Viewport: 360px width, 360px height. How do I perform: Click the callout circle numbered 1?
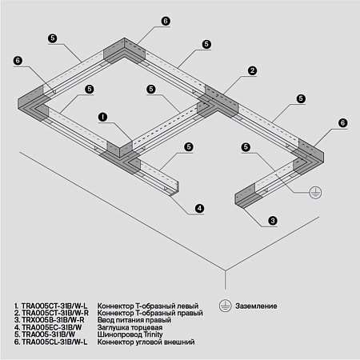(x=102, y=116)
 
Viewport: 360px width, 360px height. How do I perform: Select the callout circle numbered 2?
(x=252, y=71)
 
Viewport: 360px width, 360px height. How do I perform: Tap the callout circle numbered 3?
(x=273, y=220)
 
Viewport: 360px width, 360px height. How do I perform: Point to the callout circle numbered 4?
(x=199, y=208)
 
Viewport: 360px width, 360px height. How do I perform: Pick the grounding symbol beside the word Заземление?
(x=224, y=306)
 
